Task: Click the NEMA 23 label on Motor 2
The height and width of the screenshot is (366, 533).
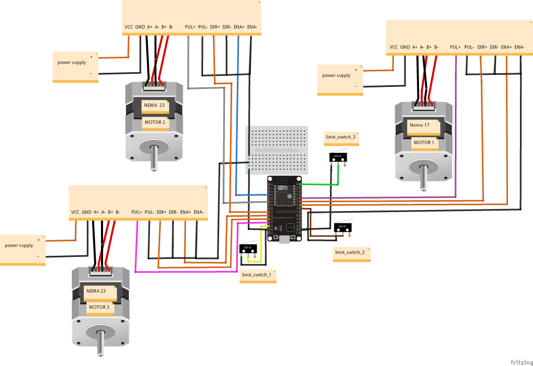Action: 155,106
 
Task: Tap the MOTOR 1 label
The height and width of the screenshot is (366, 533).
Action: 423,142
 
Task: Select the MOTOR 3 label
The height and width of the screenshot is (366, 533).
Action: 99,307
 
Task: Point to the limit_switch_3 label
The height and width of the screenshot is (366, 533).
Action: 340,137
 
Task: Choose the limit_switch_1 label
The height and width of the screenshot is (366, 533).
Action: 256,274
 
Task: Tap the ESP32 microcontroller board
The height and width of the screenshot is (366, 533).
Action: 284,208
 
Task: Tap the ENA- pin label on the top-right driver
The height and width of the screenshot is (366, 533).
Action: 519,47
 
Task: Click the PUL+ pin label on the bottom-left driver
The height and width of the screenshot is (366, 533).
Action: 137,212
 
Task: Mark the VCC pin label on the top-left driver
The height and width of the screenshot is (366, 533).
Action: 129,27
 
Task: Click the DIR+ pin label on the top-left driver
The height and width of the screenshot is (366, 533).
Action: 214,27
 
